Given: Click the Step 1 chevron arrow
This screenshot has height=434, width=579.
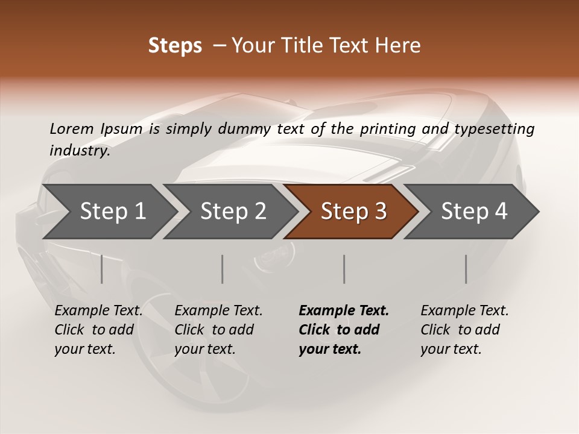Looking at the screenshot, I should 112,212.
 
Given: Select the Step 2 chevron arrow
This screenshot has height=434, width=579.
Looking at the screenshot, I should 233,212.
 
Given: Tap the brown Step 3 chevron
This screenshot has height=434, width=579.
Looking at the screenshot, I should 353,212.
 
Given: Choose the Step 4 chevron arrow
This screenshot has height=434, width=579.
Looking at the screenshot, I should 473,212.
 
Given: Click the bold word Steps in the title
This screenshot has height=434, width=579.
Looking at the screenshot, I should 175,46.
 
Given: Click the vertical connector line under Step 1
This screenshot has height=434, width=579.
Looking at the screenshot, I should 102,269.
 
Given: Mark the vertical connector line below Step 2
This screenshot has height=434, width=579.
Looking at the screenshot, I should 223,269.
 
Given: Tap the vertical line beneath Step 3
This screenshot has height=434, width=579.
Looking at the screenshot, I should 344,269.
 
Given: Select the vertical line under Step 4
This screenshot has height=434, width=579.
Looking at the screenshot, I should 466,269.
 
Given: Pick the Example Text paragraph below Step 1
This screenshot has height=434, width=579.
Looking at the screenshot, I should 98,330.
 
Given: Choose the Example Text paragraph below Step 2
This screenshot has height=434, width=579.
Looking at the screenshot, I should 218,330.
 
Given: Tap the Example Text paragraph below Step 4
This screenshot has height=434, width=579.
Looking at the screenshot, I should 464,330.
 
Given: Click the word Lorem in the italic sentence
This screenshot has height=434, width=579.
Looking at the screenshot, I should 72,129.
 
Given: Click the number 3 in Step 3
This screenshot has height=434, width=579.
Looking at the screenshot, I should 380,212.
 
